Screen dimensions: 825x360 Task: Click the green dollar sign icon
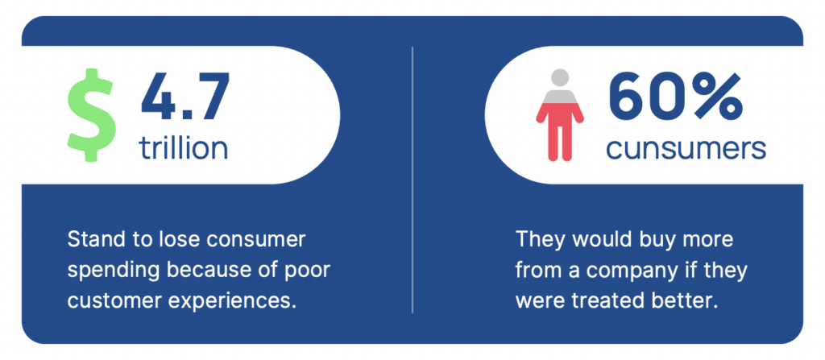coord(90,114)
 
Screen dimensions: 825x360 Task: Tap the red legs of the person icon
coord(560,131)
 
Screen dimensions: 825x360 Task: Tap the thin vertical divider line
coord(412,180)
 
